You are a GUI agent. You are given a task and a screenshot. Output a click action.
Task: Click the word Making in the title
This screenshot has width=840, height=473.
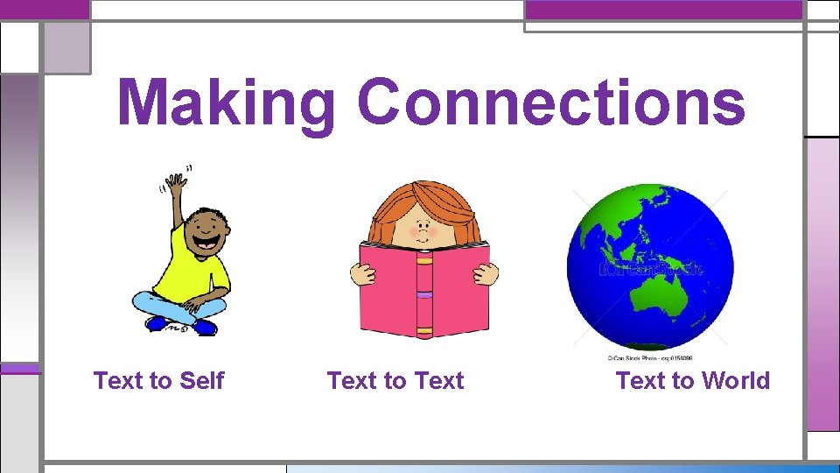[226, 103]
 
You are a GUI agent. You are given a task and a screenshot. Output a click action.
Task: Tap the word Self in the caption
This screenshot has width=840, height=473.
[201, 381]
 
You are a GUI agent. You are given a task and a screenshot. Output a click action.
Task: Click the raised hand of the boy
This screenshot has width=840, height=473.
[178, 184]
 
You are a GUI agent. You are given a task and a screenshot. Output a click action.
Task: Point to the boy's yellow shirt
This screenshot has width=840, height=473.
[198, 263]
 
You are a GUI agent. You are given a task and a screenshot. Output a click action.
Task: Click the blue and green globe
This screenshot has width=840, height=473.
[650, 266]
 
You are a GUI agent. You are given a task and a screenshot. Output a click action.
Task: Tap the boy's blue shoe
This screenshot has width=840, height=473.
[205, 327]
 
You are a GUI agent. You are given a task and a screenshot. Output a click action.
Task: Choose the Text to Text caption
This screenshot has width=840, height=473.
[395, 381]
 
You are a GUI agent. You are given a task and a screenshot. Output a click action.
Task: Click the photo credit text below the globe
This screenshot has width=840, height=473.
[649, 358]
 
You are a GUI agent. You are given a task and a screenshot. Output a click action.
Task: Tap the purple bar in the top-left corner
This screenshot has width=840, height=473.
[44, 9]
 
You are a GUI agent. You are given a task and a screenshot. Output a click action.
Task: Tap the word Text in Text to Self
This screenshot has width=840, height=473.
[118, 381]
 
